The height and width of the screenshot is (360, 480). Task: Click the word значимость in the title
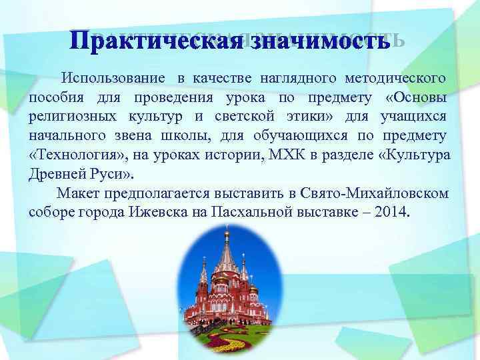pyautogui.click(x=315, y=41)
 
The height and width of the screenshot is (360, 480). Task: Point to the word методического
pyautogui.click(x=398, y=79)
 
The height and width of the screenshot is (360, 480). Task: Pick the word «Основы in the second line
pyautogui.click(x=416, y=98)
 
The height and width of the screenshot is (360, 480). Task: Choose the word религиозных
pyautogui.click(x=67, y=117)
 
